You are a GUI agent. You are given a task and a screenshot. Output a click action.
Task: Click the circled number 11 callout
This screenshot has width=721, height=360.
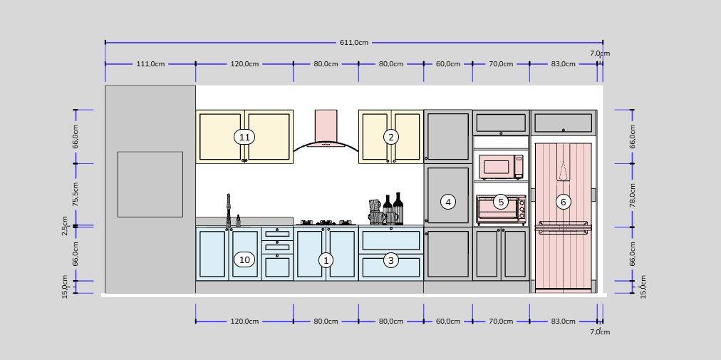pyautogui.click(x=244, y=137)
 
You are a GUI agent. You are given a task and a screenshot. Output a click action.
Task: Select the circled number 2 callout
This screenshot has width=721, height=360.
pyautogui.click(x=391, y=137)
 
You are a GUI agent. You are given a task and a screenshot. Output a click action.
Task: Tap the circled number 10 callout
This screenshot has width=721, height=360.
pyautogui.click(x=244, y=259)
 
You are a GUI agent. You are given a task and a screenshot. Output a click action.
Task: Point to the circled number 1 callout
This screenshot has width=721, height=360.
pyautogui.click(x=326, y=261)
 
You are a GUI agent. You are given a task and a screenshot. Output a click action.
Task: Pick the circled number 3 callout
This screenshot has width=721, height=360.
pyautogui.click(x=391, y=261)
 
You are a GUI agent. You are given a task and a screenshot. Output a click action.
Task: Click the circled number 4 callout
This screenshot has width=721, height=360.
pyautogui.click(x=448, y=201)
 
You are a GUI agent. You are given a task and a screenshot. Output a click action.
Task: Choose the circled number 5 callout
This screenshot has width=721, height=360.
pyautogui.click(x=501, y=201)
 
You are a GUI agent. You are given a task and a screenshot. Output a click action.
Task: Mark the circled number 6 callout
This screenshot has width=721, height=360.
pyautogui.click(x=564, y=201)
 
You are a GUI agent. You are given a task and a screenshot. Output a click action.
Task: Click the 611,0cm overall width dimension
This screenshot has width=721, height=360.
pyautogui.click(x=354, y=42)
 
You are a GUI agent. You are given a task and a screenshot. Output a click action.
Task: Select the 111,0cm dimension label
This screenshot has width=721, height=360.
pyautogui.click(x=150, y=64)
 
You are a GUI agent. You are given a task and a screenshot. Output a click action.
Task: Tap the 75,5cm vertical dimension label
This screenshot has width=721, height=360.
pyautogui.click(x=76, y=195)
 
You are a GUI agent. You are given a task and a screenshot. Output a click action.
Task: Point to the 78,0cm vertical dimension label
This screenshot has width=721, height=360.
pyautogui.click(x=633, y=195)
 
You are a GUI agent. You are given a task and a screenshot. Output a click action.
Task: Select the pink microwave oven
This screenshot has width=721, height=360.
pyautogui.click(x=501, y=167)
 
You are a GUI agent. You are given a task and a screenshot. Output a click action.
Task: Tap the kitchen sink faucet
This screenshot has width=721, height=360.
pyautogui.click(x=228, y=210)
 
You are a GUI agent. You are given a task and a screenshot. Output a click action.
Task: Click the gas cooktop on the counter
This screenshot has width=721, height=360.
pyautogui.click(x=325, y=223)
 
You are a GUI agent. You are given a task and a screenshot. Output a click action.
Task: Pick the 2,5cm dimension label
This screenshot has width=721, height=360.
pyautogui.click(x=66, y=226)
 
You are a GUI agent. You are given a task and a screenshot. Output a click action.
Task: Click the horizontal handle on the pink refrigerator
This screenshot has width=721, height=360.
pyautogui.click(x=564, y=225)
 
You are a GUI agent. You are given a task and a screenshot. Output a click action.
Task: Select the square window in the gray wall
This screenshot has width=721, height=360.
pyautogui.click(x=150, y=184)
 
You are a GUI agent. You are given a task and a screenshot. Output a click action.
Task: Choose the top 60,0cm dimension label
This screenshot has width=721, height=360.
pyautogui.click(x=448, y=64)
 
